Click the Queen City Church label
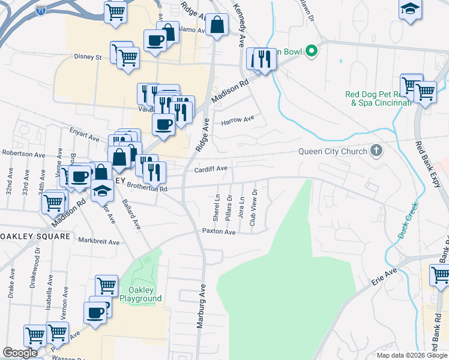333,151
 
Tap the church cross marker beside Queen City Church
376,151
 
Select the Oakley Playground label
140,294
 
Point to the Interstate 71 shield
40,10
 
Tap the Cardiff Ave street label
210,169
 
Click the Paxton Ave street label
218,231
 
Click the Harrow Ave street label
238,120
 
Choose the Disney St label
88,57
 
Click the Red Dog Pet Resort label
378,98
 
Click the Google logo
20,353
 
